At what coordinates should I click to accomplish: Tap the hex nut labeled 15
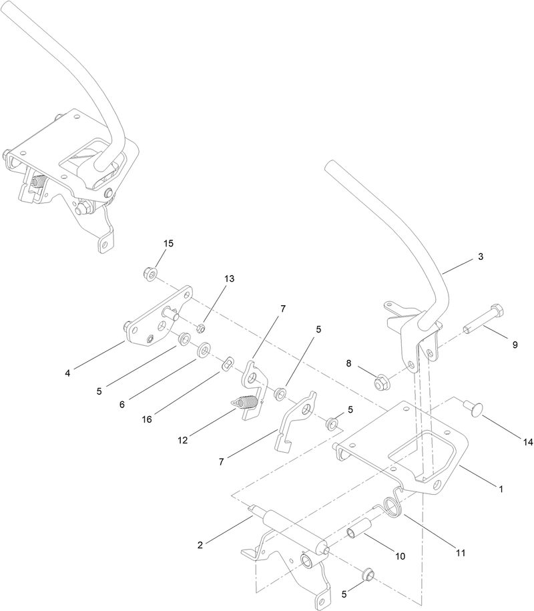point(150,273)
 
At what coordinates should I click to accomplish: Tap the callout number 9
point(515,345)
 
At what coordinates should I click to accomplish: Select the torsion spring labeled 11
point(394,507)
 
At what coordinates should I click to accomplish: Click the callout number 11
point(461,553)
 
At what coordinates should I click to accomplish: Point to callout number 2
point(200,546)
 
